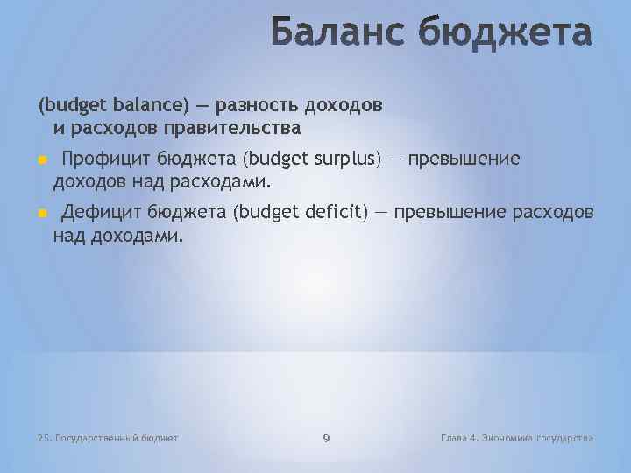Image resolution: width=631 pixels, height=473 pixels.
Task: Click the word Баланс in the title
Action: (x=337, y=34)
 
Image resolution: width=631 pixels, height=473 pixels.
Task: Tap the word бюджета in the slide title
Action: (x=507, y=34)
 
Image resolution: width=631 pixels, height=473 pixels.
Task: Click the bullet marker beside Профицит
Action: (x=41, y=159)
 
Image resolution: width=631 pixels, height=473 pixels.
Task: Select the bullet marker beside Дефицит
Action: (x=41, y=215)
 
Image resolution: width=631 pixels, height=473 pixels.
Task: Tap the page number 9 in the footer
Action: (x=326, y=437)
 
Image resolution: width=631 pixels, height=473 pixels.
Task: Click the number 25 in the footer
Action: (x=44, y=437)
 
